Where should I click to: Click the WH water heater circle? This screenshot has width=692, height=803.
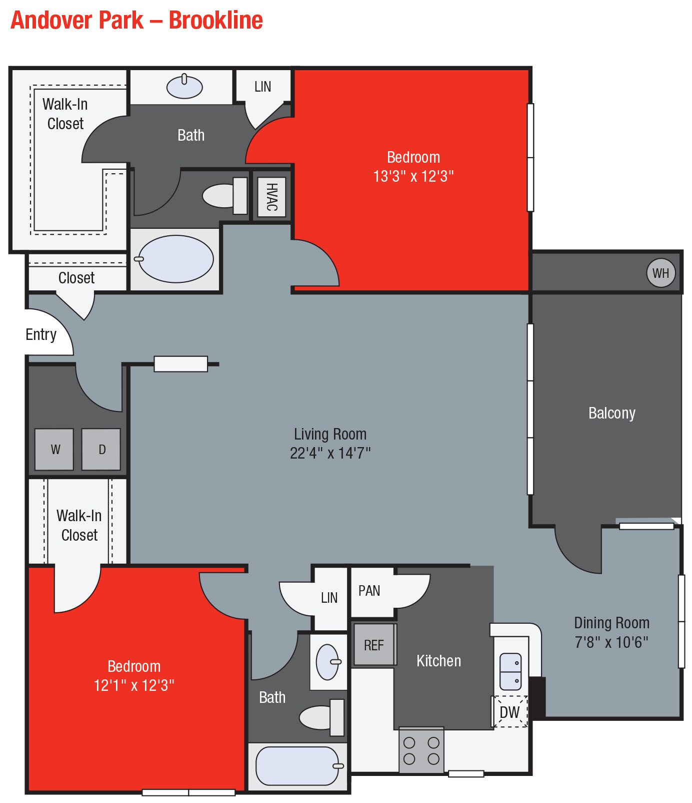pyautogui.click(x=660, y=273)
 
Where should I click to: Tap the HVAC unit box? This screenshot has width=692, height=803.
pyautogui.click(x=271, y=197)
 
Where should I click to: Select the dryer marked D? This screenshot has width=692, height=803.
pyautogui.click(x=101, y=449)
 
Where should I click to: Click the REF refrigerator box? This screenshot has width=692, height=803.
pyautogui.click(x=374, y=645)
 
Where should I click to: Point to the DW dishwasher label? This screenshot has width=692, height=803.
pyautogui.click(x=509, y=711)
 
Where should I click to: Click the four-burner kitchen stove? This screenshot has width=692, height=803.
pyautogui.click(x=421, y=750)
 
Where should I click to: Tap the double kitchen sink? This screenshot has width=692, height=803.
pyautogui.click(x=510, y=671)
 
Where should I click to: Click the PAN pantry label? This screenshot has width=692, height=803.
pyautogui.click(x=369, y=591)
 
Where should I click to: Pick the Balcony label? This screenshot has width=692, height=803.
pyautogui.click(x=611, y=413)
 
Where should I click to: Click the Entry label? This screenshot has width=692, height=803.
pyautogui.click(x=41, y=334)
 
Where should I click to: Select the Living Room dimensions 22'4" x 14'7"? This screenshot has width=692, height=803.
pyautogui.click(x=330, y=453)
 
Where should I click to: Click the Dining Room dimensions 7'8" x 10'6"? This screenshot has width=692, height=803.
pyautogui.click(x=611, y=642)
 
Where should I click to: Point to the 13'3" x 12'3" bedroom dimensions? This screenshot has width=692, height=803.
pyautogui.click(x=413, y=176)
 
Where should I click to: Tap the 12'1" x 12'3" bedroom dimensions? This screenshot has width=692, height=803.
pyautogui.click(x=134, y=685)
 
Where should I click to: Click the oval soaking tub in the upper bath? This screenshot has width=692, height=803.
pyautogui.click(x=175, y=259)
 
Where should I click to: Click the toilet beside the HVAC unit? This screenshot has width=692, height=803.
pyautogui.click(x=224, y=196)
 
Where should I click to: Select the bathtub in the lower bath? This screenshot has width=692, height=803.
pyautogui.click(x=298, y=766)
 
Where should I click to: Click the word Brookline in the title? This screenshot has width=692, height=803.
pyautogui.click(x=215, y=20)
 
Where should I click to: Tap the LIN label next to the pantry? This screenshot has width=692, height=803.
pyautogui.click(x=329, y=597)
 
